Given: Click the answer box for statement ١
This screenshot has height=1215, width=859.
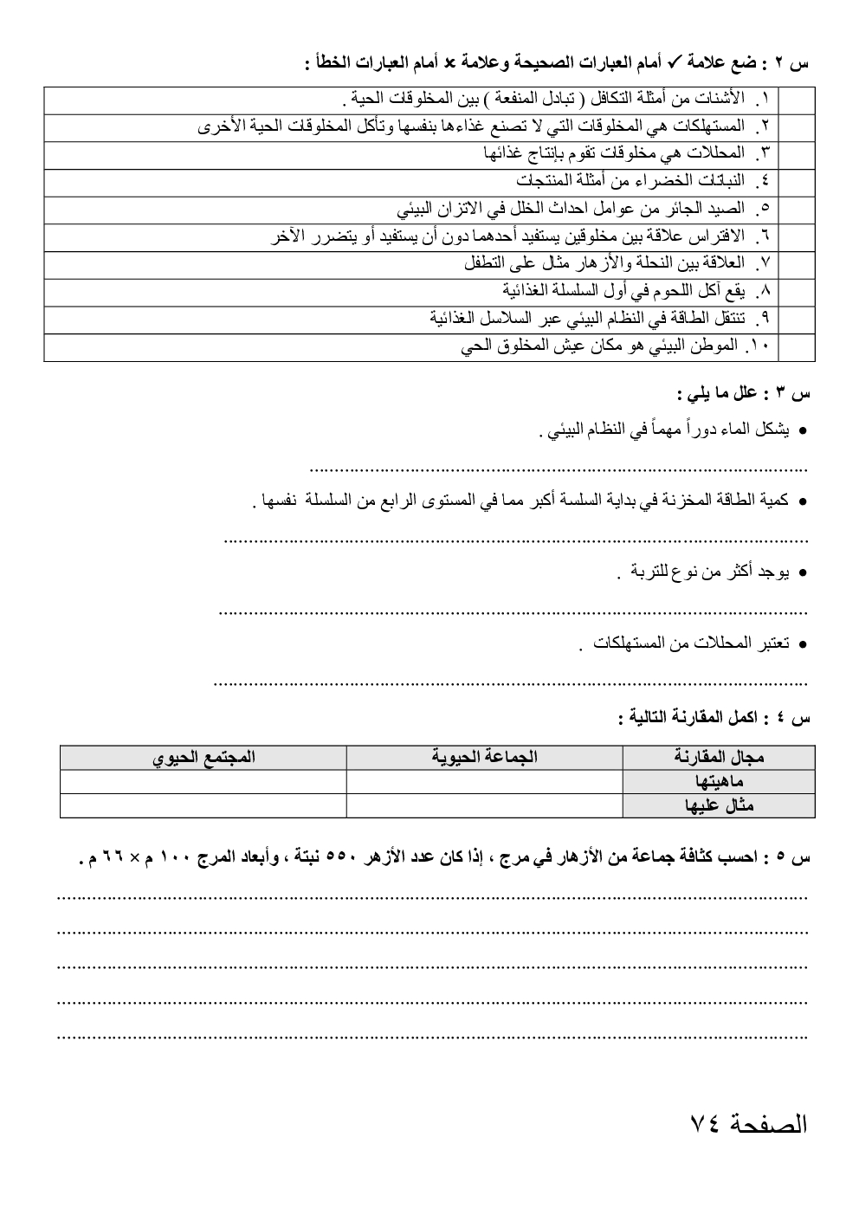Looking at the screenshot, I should point(797,100).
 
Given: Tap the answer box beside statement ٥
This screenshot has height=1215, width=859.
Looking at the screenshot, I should point(797,210).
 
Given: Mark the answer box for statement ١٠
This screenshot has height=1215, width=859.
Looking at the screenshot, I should point(797,347).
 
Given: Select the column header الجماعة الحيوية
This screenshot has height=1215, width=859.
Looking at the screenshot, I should point(484,758).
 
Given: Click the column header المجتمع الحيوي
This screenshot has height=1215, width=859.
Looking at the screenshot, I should point(203,758).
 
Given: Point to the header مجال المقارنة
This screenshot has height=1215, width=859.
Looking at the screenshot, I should point(719,758).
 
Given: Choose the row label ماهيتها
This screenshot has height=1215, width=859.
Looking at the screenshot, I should point(723,782).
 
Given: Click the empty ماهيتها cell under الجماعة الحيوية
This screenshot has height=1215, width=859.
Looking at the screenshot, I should point(484,782).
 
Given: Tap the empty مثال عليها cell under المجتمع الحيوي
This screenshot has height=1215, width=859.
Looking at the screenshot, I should point(203,805).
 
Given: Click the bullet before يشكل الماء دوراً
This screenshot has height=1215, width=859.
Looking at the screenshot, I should point(803,430).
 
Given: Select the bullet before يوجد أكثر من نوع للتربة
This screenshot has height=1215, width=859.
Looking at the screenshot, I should point(803,573).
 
